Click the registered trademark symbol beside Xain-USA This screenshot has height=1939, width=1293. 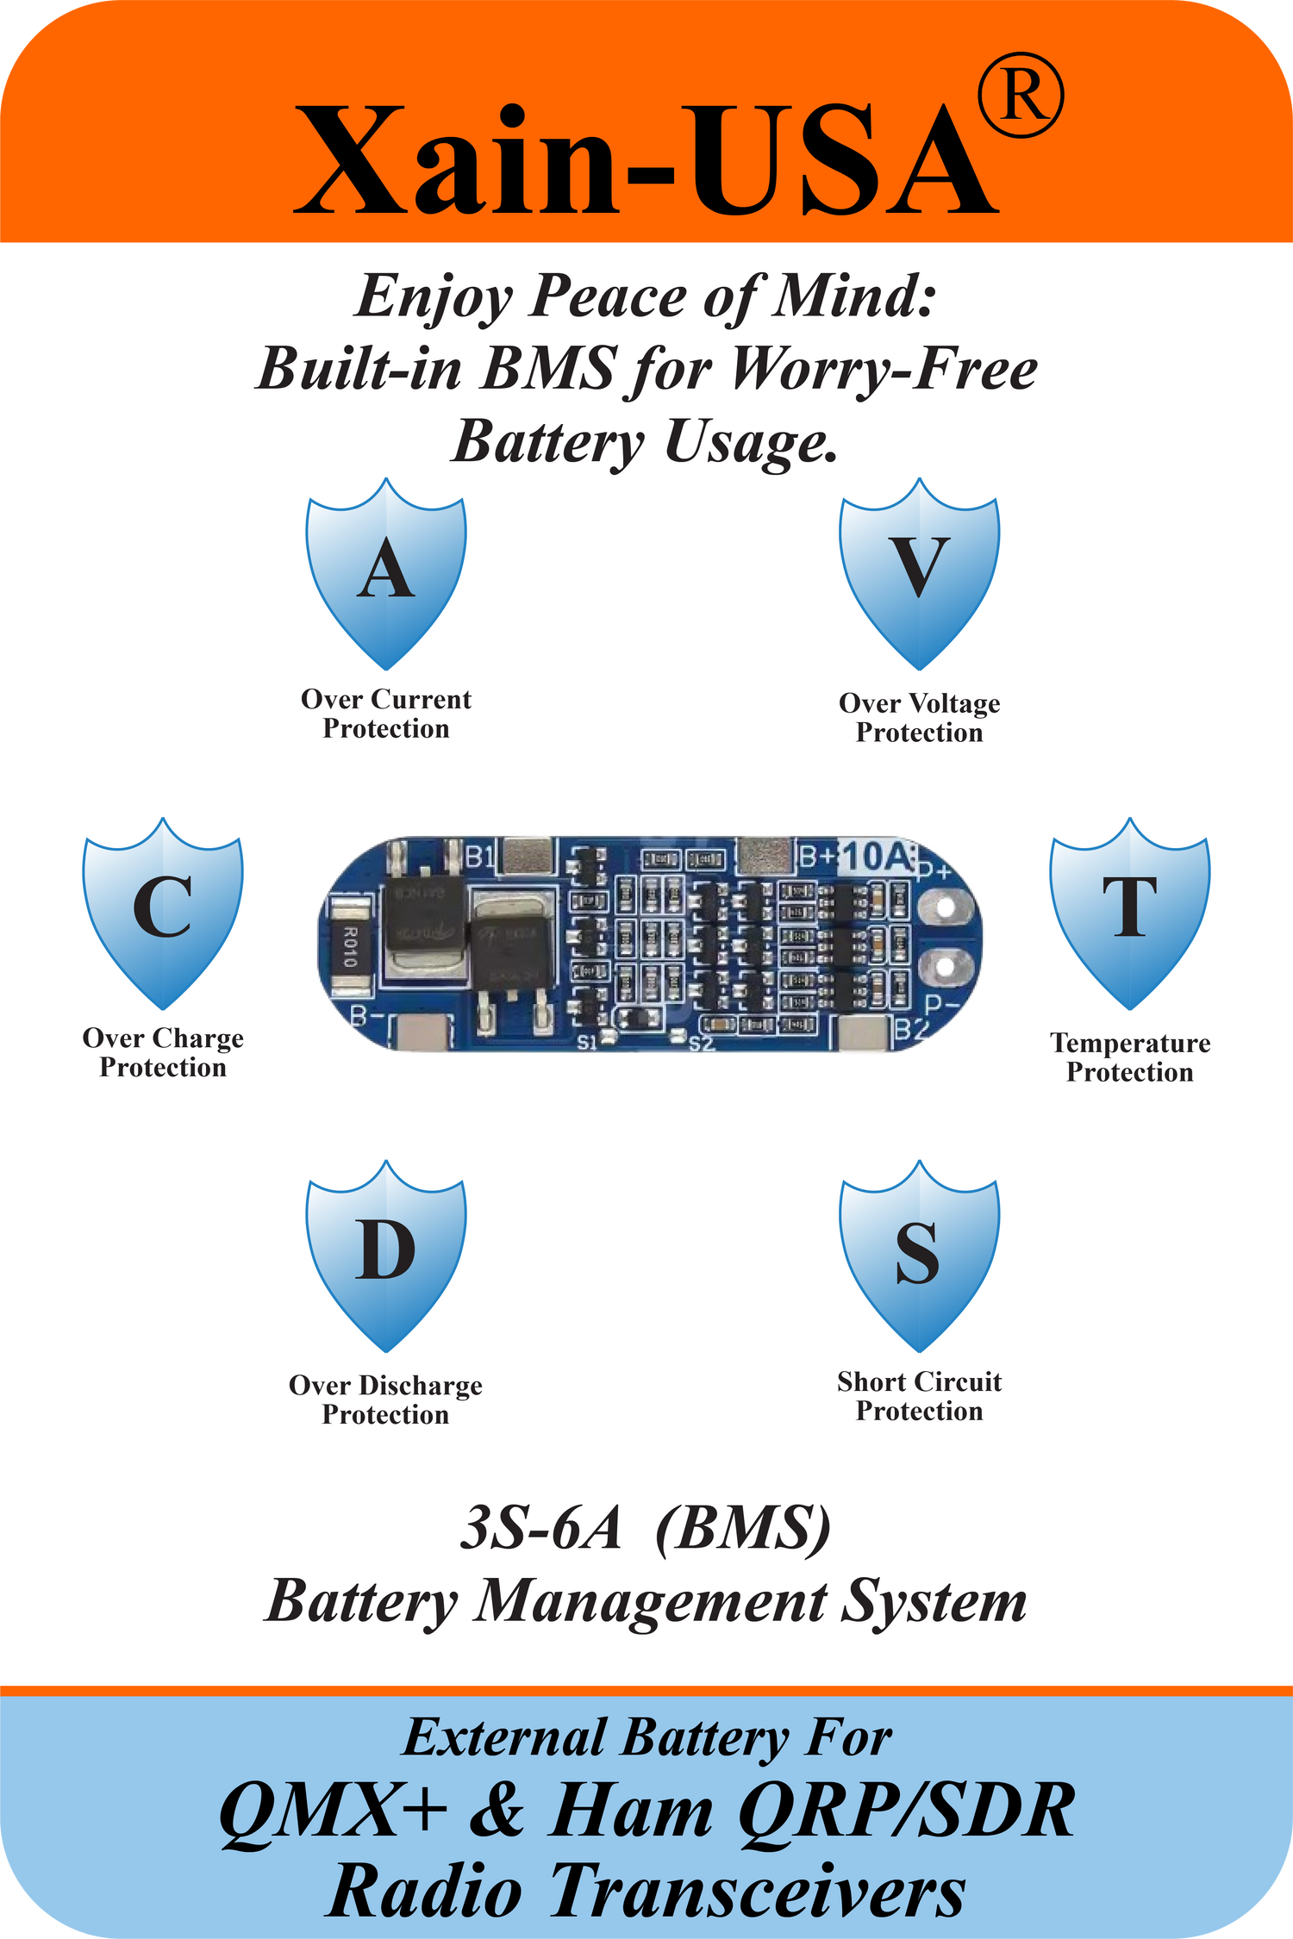click(1021, 95)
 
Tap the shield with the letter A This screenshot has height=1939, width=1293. click(386, 574)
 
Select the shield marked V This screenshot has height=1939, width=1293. click(920, 574)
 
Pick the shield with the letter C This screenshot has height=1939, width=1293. click(163, 912)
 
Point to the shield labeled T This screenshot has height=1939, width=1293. click(1129, 912)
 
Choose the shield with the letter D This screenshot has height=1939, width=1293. click(386, 1255)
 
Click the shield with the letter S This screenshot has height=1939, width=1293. click(920, 1255)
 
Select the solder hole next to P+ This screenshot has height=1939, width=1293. click(946, 907)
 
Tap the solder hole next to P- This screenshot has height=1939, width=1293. click(946, 967)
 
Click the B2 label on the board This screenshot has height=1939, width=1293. click(912, 1029)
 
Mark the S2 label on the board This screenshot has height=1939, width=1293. click(702, 1044)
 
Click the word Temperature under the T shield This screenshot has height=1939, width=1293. click(1130, 1044)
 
